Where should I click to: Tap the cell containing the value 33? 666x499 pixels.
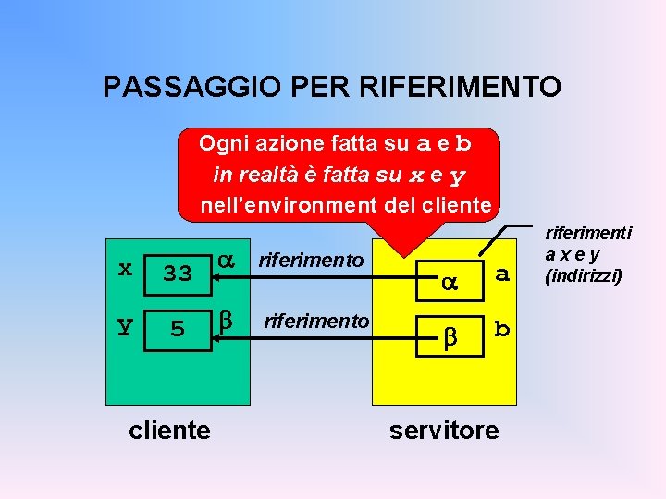[x=177, y=273]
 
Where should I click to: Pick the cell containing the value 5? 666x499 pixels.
[x=177, y=328]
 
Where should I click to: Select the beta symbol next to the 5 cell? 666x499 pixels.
[x=226, y=321]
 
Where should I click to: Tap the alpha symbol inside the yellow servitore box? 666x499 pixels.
[x=448, y=284]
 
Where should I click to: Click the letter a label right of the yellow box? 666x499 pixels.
[x=502, y=274]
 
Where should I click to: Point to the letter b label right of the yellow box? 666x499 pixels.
[x=502, y=328]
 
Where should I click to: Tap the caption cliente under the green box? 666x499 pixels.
[x=170, y=429]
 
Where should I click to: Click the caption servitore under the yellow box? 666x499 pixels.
[x=444, y=430]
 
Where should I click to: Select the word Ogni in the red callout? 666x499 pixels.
[x=218, y=144]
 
